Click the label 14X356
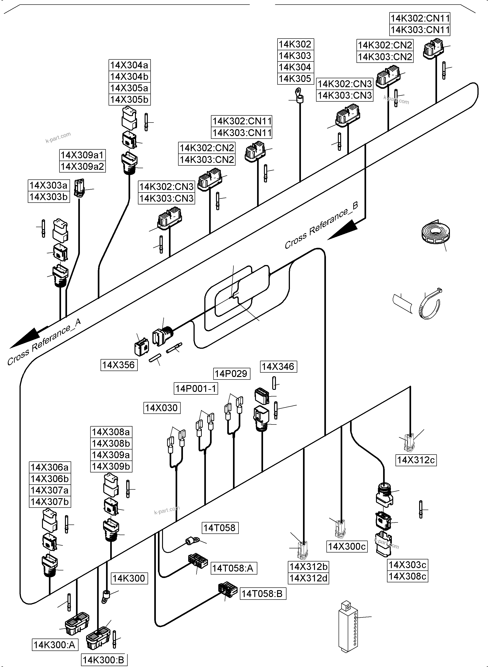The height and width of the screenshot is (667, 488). pos(119,365)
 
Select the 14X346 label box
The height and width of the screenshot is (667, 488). pos(278,366)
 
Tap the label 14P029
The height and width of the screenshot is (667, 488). pos(231,374)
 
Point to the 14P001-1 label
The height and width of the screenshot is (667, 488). pos(196,388)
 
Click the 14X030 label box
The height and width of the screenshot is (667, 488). pos(161,408)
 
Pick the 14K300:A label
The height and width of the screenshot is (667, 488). pos(55,645)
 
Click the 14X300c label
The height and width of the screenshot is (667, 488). pos(347,547)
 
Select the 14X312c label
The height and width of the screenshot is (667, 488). pos(416,460)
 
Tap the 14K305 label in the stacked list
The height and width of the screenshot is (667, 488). pos(295,78)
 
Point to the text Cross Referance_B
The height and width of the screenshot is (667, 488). pos(321,225)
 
